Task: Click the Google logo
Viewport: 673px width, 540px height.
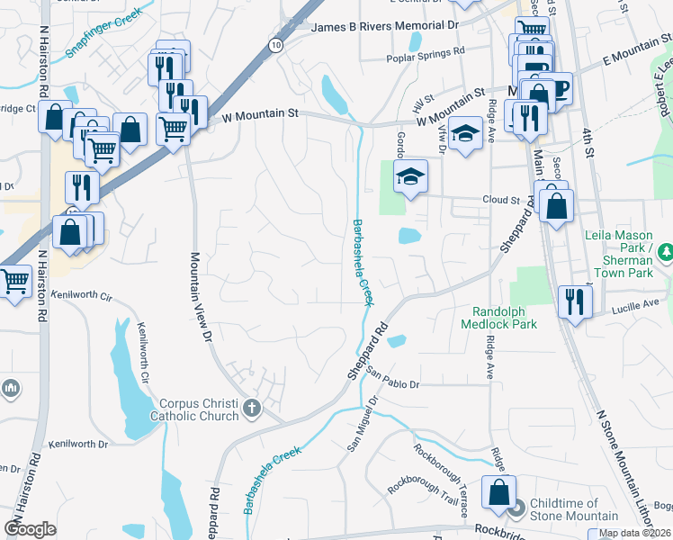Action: pyautogui.click(x=31, y=529)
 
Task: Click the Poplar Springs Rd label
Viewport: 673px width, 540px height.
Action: pyautogui.click(x=425, y=57)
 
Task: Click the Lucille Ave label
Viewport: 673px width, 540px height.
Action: pyautogui.click(x=639, y=306)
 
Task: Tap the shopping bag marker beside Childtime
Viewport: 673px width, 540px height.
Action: pyautogui.click(x=498, y=493)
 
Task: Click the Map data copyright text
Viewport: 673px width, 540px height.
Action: pyautogui.click(x=634, y=533)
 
